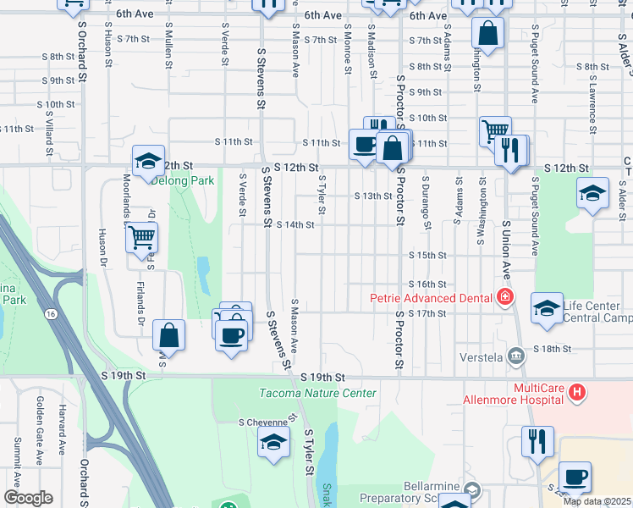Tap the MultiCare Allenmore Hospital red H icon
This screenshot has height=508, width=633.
[577, 392]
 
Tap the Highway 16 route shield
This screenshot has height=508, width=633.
[52, 314]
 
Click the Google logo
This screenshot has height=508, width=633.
[28, 498]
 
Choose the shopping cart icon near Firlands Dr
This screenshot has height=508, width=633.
[142, 238]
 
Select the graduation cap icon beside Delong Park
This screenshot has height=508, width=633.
[147, 161]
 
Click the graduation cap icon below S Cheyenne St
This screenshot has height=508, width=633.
[273, 443]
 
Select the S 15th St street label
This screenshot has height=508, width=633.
[427, 255]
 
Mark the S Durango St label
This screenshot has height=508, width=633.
[427, 202]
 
